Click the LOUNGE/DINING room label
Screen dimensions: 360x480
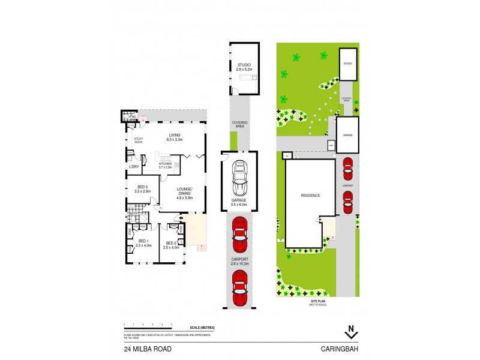click(x=184, y=192)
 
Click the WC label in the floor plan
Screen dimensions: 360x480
click(x=134, y=116)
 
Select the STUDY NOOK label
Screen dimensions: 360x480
click(x=138, y=141)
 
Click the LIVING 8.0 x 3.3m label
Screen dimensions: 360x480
click(x=175, y=137)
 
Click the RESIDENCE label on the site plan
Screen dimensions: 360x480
click(x=310, y=196)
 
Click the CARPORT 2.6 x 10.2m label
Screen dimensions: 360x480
click(x=239, y=262)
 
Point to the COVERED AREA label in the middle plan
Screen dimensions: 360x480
click(x=239, y=124)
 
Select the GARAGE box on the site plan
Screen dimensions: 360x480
click(x=347, y=136)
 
